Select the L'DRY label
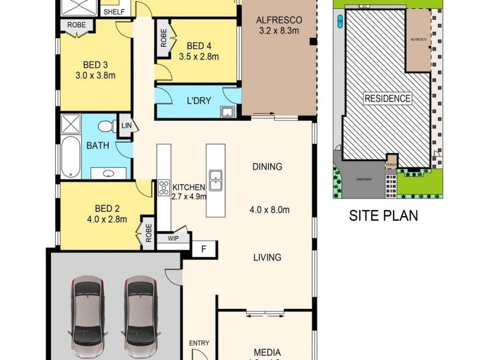tap(199, 100)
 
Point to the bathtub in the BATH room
tap(70, 157)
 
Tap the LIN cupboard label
tap(127, 125)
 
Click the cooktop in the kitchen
tap(164, 188)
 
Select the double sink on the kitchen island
tap(215, 179)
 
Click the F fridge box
tap(203, 248)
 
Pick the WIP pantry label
tap(173, 239)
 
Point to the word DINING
tap(266, 167)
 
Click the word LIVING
tap(267, 257)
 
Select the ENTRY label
tap(199, 343)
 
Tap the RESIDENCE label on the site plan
tap(388, 98)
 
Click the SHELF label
tap(114, 11)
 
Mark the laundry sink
tap(227, 112)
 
